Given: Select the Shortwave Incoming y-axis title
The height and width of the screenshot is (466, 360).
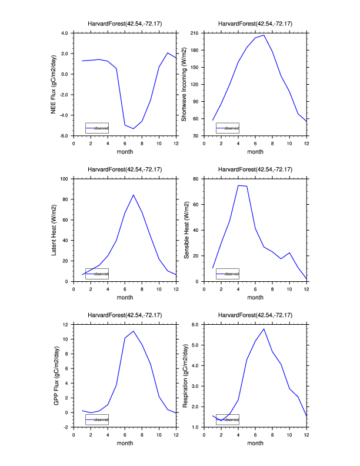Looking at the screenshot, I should tap(184, 85).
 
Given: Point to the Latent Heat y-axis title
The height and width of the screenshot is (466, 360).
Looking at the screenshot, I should tap(54, 230).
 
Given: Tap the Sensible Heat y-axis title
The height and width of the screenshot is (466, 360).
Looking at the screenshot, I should tap(186, 230).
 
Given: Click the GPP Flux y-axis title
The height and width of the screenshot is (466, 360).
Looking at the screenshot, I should tap(55, 375).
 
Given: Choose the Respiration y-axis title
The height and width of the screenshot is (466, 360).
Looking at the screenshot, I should tap(186, 375).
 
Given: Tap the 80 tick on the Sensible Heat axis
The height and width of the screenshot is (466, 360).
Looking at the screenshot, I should tap(197, 178).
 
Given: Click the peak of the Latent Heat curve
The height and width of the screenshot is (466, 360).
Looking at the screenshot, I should tap(134, 195).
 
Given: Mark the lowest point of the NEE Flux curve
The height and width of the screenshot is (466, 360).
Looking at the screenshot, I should tap(134, 129).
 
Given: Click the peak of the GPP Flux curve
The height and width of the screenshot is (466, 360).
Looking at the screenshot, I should tap(134, 331).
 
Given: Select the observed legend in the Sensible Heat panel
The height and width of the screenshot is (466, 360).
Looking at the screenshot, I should tap(227, 274).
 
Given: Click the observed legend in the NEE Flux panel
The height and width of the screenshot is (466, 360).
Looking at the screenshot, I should tap(96, 128).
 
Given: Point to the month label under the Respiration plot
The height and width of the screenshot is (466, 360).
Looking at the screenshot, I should tap(255, 443).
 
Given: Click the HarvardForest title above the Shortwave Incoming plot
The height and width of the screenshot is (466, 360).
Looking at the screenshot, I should tap(255, 24).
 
